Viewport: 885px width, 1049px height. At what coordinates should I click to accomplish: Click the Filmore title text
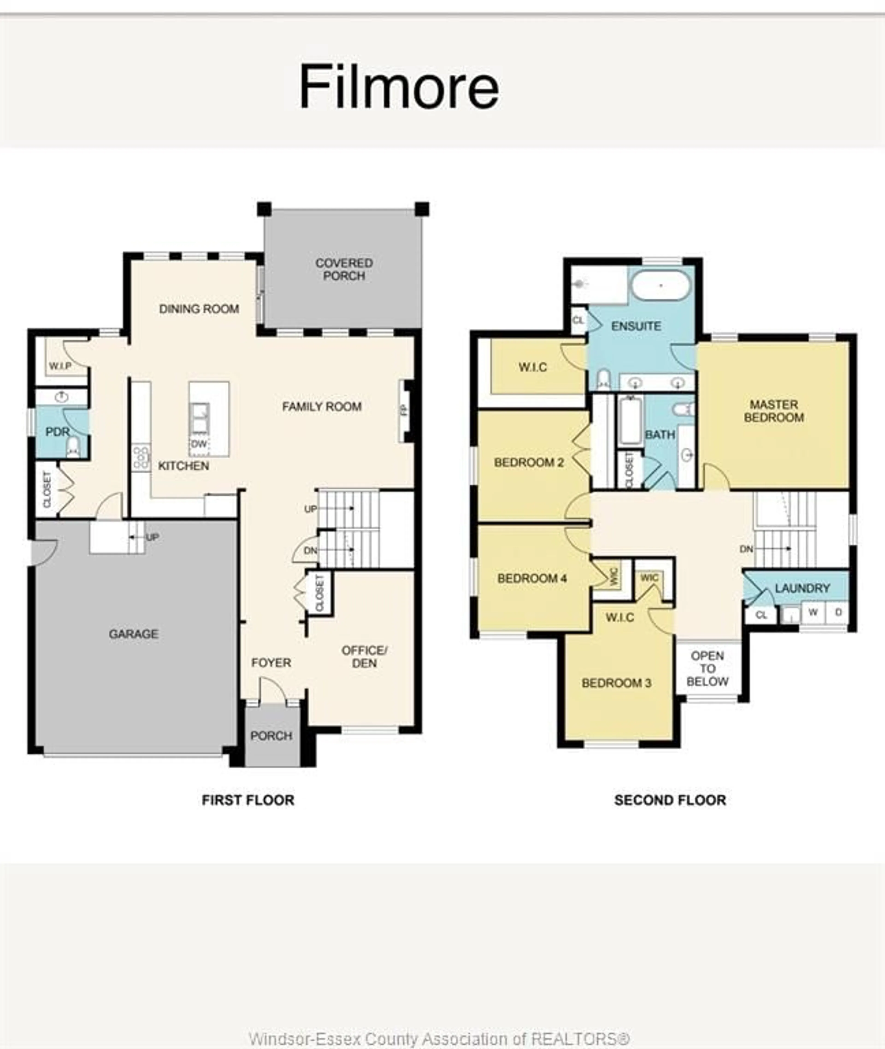pos(399,87)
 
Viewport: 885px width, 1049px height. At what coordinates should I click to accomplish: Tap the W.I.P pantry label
pos(60,366)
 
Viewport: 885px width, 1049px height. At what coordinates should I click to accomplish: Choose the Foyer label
pos(271,663)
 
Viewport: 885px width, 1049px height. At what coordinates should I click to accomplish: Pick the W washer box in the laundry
pos(813,612)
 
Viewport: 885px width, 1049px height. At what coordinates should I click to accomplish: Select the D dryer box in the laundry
pos(838,612)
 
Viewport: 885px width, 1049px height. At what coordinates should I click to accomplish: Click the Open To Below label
pos(707,669)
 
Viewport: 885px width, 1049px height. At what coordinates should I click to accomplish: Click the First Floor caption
pos(248,800)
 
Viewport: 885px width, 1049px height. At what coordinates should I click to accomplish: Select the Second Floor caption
pos(670,800)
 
